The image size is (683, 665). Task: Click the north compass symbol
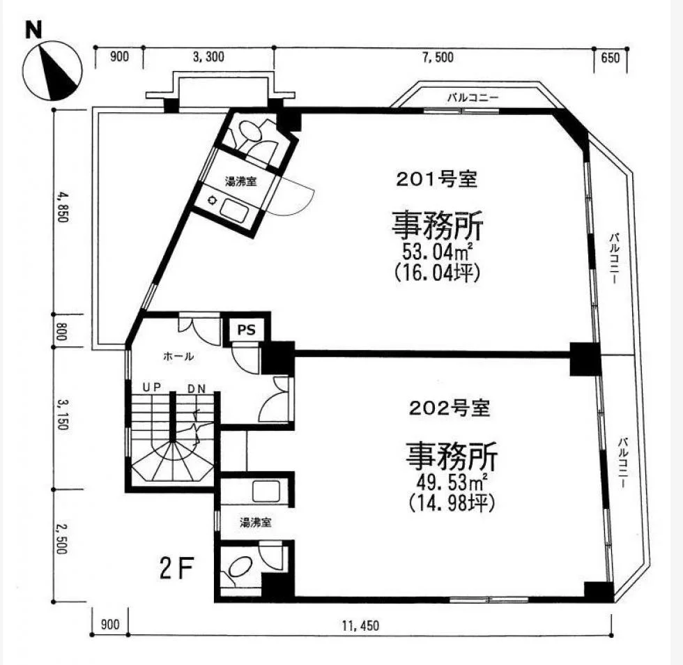[52, 70]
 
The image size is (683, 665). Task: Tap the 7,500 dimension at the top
[438, 57]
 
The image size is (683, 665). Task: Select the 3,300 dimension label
[208, 56]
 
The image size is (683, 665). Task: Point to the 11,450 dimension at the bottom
[361, 626]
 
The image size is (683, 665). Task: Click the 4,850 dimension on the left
[61, 208]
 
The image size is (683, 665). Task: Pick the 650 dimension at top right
[610, 57]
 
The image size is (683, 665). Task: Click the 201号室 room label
[436, 180]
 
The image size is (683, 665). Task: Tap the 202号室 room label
[450, 408]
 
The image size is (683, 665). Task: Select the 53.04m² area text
[438, 252]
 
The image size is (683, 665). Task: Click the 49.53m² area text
[452, 482]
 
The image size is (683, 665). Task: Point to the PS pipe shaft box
[246, 330]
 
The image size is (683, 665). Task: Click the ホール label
[178, 356]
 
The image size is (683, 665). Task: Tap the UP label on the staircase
[152, 387]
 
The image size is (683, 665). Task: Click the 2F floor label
[176, 569]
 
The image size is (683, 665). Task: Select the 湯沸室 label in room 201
[240, 181]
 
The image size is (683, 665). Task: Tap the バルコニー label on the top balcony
[473, 98]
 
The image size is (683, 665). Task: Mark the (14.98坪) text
[452, 504]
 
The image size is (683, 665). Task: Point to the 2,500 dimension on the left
[61, 539]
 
